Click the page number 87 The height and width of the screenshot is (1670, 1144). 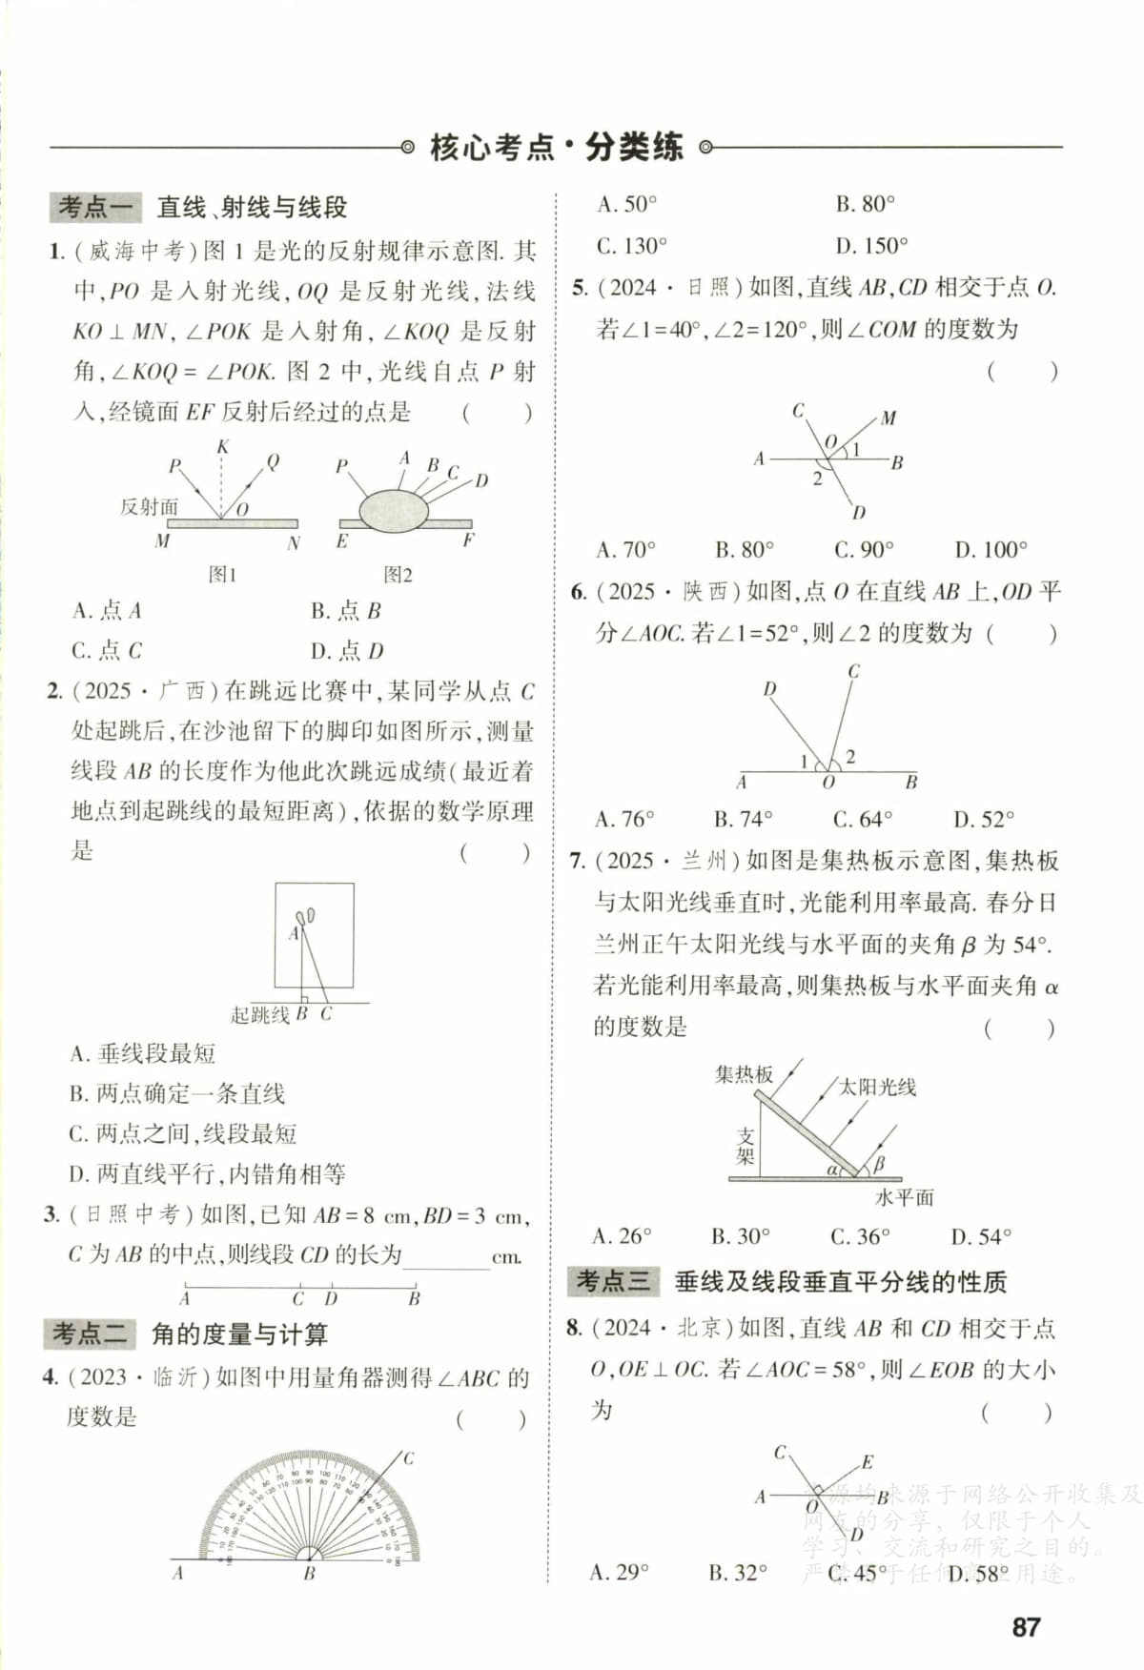tap(1026, 1626)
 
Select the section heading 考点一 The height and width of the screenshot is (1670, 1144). tap(94, 207)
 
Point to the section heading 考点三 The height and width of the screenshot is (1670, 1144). tap(613, 1281)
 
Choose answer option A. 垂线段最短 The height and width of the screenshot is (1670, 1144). tap(143, 1053)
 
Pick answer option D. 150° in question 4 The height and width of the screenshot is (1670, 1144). tap(871, 246)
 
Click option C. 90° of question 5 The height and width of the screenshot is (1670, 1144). tap(864, 549)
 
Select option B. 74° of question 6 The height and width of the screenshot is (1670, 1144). tap(743, 819)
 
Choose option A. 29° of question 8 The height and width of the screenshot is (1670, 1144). tap(620, 1572)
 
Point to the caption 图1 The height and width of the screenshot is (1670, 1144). tap(222, 574)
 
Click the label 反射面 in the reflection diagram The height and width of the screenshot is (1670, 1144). tap(149, 506)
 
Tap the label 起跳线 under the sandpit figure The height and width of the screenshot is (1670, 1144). tap(259, 1015)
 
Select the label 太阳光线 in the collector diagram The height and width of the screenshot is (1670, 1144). tap(877, 1087)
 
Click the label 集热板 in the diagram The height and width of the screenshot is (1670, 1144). tap(744, 1074)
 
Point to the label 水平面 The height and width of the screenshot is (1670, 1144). tap(904, 1197)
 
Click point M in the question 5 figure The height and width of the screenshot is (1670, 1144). tap(889, 417)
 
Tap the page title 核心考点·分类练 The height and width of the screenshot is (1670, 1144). tap(557, 148)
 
